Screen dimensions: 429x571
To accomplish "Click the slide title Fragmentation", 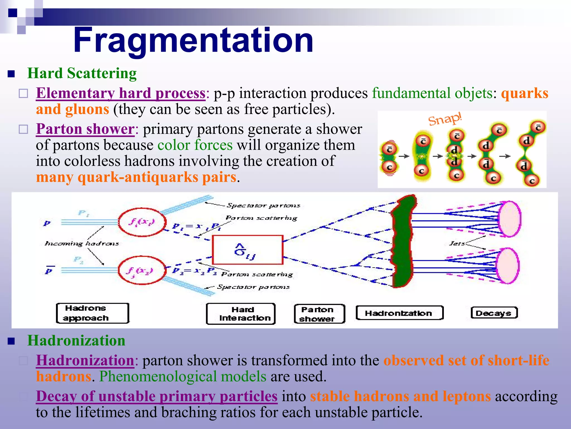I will (x=193, y=40).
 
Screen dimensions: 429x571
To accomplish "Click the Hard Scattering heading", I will (x=82, y=73).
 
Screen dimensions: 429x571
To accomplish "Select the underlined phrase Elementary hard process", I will (x=121, y=93).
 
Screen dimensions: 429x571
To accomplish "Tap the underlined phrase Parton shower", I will (x=85, y=129).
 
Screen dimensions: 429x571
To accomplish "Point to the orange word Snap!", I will (x=445, y=119).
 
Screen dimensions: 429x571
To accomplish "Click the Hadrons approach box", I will (x=93, y=313).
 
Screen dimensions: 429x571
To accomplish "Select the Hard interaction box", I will (x=241, y=314).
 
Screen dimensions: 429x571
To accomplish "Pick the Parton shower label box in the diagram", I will (x=320, y=314).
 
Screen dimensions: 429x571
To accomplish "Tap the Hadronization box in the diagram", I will (x=400, y=313).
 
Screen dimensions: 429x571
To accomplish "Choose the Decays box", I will (x=494, y=313).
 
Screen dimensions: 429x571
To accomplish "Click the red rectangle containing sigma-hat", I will (x=248, y=250).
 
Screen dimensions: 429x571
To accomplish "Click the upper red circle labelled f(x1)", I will (x=142, y=222).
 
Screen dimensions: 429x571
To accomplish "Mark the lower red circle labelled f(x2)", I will (x=142, y=270).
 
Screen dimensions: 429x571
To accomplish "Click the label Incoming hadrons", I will (x=82, y=244).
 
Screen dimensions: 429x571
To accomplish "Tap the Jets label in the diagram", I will (x=457, y=244).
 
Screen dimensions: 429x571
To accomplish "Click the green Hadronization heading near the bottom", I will (x=76, y=341).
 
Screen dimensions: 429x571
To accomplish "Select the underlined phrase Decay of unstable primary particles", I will (x=157, y=396).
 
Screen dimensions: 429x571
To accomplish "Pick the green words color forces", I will (x=195, y=145).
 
